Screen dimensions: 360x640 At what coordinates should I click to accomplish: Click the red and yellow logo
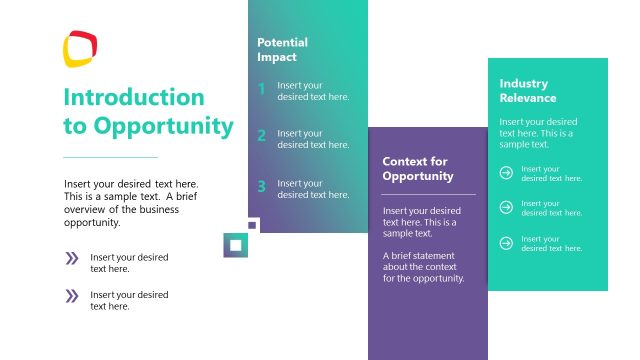coord(80,48)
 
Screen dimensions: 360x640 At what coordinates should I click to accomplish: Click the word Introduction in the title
coord(133,97)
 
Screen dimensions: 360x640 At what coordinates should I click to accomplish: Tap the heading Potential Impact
coord(282,50)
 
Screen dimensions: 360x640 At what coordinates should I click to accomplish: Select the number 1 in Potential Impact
coord(261,90)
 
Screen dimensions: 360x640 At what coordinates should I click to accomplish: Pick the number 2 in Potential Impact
coord(261,137)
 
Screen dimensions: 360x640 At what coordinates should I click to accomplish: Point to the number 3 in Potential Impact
coord(261,186)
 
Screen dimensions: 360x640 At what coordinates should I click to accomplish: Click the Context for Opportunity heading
coord(417,168)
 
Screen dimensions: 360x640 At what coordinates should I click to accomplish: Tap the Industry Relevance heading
coord(528,90)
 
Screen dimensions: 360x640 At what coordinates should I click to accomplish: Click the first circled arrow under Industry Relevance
coord(506,173)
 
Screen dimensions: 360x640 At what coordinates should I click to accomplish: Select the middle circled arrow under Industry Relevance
coord(506,208)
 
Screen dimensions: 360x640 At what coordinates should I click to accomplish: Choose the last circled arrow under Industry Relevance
coord(506,243)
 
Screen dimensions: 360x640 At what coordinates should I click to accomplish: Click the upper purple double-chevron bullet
coord(72,259)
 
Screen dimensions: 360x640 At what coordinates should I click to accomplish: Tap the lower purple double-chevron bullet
coord(72,296)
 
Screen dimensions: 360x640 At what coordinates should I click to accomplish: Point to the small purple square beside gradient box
coord(252,225)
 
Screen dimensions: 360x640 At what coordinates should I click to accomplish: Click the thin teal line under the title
coord(110,157)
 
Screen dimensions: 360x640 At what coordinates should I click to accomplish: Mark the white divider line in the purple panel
coord(429,194)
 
